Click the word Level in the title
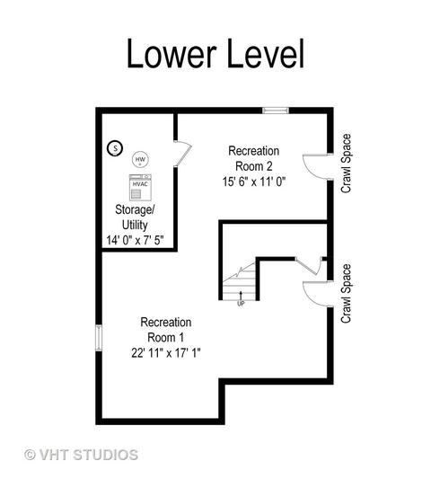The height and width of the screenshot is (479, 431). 266,53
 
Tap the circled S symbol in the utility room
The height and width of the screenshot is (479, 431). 115,148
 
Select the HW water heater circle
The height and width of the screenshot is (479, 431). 140,159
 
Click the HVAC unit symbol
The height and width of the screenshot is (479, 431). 140,187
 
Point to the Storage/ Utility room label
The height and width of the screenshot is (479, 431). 135,217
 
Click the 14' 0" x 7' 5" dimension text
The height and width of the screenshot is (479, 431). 135,240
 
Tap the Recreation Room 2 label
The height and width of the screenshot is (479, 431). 253,158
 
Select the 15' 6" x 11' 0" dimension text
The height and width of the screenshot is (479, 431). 253,182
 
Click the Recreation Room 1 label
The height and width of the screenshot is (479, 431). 166,330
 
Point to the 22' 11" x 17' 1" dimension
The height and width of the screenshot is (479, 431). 166,353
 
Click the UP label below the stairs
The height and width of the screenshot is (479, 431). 241,305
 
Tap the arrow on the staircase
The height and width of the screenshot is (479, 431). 241,297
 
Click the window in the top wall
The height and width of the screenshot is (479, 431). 276,111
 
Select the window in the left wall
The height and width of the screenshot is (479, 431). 99,338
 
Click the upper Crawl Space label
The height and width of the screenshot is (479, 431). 346,164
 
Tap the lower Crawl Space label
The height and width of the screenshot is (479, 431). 346,294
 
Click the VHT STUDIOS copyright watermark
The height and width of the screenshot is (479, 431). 81,455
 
